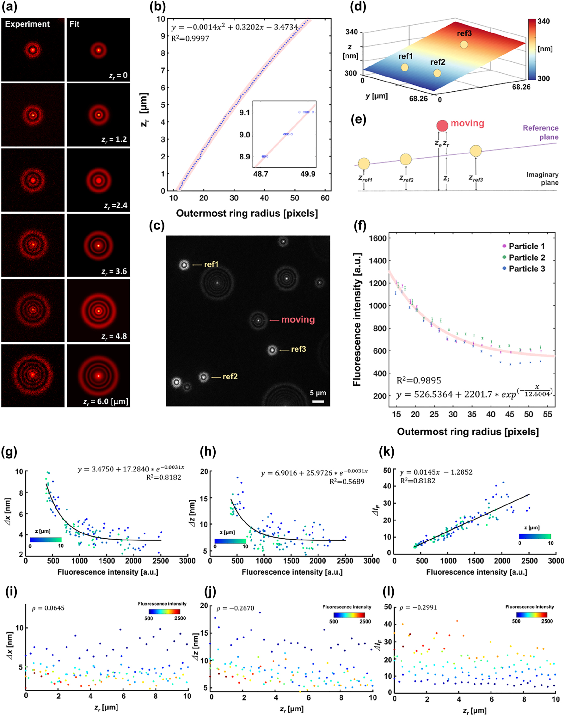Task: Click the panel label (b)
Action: click(157, 7)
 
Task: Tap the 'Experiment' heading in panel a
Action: click(27, 24)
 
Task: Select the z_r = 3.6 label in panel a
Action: click(114, 271)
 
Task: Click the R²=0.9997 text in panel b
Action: click(190, 38)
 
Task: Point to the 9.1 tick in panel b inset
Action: click(244, 113)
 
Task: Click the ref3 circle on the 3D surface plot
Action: click(464, 44)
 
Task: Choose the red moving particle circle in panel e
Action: click(442, 126)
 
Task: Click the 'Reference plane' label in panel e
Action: click(541, 132)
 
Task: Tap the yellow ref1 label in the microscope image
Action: click(211, 264)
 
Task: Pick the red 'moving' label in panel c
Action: click(298, 320)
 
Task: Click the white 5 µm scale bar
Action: click(318, 401)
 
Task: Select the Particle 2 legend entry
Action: click(526, 257)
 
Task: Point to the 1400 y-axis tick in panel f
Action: click(378, 260)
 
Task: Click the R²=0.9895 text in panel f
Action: click(419, 380)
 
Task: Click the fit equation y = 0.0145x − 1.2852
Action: click(436, 472)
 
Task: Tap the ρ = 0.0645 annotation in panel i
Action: click(48, 608)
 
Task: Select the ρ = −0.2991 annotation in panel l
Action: click(418, 608)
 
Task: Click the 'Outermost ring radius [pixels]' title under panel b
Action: click(247, 213)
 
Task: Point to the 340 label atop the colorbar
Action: click(544, 21)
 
